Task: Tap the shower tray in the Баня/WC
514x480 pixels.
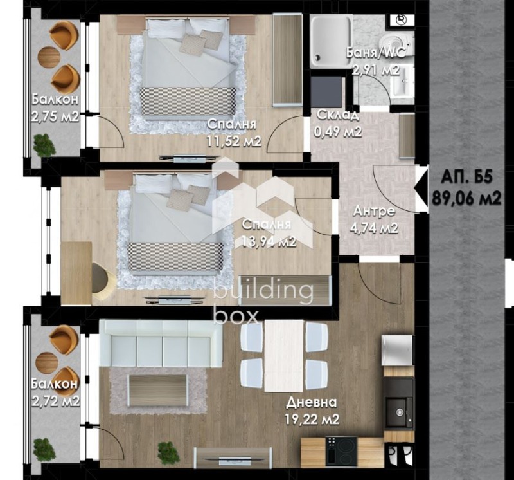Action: point(332,41)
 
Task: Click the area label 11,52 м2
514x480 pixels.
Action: point(233,141)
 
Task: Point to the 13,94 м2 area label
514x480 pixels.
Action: point(269,242)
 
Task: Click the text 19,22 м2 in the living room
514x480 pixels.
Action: point(312,420)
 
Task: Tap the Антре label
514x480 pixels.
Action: point(374,211)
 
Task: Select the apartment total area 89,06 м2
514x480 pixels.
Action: point(466,198)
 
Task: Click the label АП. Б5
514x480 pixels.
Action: point(467,178)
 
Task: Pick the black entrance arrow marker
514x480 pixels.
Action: point(421,188)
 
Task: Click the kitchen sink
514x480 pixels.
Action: point(398,412)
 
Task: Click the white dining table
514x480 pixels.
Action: point(284,356)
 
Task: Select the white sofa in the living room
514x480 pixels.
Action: point(161,344)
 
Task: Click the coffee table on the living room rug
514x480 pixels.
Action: point(157,391)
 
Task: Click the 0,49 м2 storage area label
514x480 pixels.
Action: point(338,132)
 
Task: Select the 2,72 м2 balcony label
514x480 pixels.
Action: point(55,401)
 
